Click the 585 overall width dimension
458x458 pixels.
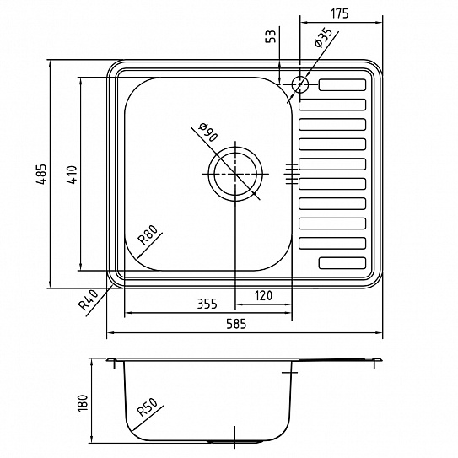coord(236,324)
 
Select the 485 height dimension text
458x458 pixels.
coord(42,174)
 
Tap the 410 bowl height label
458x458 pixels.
coord(73,175)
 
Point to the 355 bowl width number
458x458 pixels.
coord(207,304)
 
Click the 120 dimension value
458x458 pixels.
coord(263,296)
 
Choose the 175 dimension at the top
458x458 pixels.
coord(339,13)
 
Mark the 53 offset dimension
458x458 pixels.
coord(271,36)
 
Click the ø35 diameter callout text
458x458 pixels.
coord(323,38)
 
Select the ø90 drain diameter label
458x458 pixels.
coord(207,132)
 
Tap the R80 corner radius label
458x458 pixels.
coord(149,234)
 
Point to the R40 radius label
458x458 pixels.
coord(89,299)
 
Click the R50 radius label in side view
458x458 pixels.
coord(148,407)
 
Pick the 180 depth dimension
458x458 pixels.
coord(83,403)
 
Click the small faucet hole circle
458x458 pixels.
coord(300,84)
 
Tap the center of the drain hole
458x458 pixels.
coord(235,174)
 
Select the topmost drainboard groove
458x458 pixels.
coord(342,84)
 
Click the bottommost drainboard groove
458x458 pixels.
coord(342,263)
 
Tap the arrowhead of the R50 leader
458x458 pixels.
coord(135,428)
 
